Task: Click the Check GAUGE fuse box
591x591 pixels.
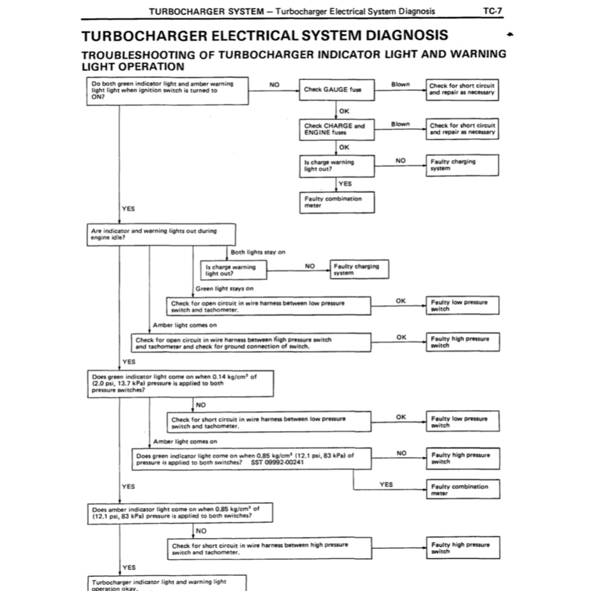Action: tap(336, 90)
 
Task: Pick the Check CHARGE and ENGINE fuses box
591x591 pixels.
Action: tap(336, 129)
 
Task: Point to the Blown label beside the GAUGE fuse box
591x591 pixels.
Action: tap(400, 84)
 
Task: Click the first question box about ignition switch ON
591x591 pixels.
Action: tap(168, 91)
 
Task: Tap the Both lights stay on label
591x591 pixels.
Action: tap(257, 252)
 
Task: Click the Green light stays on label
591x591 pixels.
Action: tap(225, 289)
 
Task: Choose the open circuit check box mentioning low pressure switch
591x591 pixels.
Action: tap(268, 306)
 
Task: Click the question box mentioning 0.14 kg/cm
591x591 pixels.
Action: tap(179, 383)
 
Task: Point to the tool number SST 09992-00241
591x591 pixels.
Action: tap(278, 463)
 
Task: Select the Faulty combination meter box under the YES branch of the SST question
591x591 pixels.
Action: tap(462, 489)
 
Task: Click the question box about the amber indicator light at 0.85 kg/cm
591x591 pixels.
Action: tap(179, 513)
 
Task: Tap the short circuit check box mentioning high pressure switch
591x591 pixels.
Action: tap(268, 548)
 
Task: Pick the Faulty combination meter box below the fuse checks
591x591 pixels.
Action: tap(336, 202)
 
